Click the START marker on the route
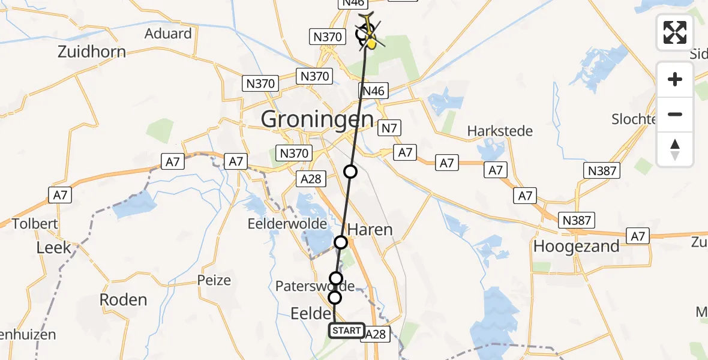tap(347, 331)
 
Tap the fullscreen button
tap(675, 32)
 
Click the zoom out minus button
tap(675, 114)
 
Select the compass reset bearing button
tap(675, 149)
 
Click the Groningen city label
tap(317, 119)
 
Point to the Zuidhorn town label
tap(92, 52)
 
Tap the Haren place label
tap(370, 230)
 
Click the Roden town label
tap(124, 299)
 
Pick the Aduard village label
tap(168, 34)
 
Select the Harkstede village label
tap(500, 131)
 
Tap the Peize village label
tap(214, 280)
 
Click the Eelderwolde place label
tap(287, 224)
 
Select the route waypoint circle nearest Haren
tap(341, 242)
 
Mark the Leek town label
tap(53, 247)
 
